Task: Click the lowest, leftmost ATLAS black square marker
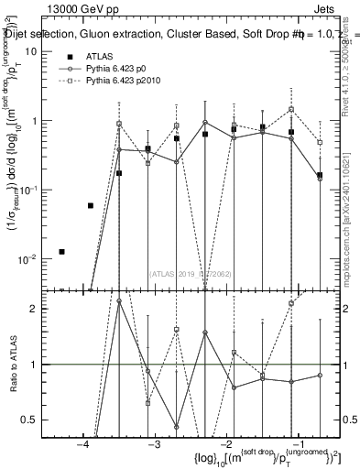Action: pyautogui.click(x=61, y=251)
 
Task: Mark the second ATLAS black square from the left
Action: pyautogui.click(x=90, y=205)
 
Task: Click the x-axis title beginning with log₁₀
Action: pyautogui.click(x=256, y=457)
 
